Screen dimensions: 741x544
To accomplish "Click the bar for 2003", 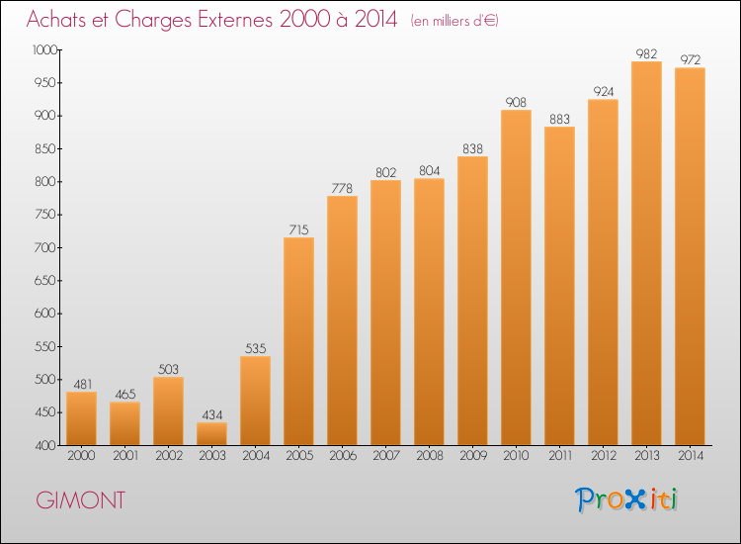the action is click(x=211, y=434).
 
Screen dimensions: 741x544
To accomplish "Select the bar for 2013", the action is click(x=646, y=253).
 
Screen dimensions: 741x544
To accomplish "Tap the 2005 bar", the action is click(x=298, y=341).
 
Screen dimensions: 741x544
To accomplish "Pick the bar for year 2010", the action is click(x=516, y=278).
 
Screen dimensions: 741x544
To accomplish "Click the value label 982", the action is click(x=646, y=54).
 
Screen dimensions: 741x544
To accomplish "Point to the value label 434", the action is click(x=212, y=414).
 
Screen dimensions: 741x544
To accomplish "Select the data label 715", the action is click(x=298, y=229).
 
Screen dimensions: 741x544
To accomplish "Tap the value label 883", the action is click(x=559, y=120).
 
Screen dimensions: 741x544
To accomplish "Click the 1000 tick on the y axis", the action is click(x=44, y=49).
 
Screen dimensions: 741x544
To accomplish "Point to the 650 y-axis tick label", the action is click(x=45, y=281).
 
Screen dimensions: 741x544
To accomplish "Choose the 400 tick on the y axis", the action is click(x=45, y=445).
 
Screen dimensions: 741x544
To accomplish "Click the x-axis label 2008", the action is click(x=430, y=456).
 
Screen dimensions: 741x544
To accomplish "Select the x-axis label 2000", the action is click(x=81, y=456).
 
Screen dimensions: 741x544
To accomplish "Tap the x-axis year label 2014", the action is click(x=691, y=456).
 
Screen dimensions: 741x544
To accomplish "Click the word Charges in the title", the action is click(x=153, y=20).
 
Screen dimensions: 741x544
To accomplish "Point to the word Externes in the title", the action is click(x=235, y=19).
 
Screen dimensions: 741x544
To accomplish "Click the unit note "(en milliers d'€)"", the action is click(x=454, y=21).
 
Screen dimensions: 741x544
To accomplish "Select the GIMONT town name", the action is click(x=81, y=500).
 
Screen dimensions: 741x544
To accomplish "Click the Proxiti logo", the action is click(x=626, y=499).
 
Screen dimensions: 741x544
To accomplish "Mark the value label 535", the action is click(x=255, y=348).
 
